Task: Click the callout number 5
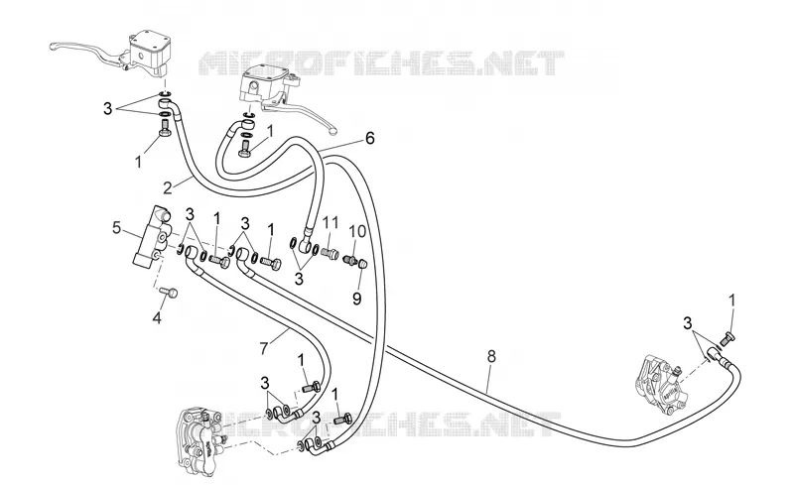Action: [x=116, y=228]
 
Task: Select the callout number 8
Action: [x=490, y=356]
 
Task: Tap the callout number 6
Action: [x=369, y=138]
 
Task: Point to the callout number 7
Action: [x=263, y=348]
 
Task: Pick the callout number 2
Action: [x=168, y=187]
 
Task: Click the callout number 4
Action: [x=157, y=318]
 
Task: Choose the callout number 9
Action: [x=357, y=299]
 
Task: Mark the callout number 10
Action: [x=357, y=232]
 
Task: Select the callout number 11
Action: [x=331, y=222]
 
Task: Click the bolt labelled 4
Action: [x=169, y=293]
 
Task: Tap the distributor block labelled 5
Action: [x=151, y=237]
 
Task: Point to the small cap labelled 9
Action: [x=361, y=263]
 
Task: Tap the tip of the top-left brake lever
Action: [x=53, y=48]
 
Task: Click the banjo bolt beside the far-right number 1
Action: [x=728, y=337]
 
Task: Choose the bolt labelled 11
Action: [x=330, y=252]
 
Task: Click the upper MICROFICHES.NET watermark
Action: [x=381, y=63]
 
